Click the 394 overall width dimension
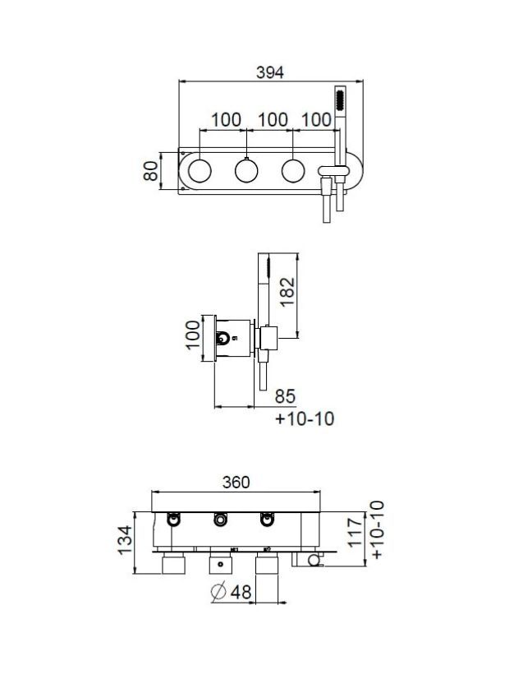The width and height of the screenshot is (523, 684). [270, 72]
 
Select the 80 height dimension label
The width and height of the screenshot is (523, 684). [151, 170]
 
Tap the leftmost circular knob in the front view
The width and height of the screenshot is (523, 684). [200, 170]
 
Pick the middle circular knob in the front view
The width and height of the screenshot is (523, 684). [246, 170]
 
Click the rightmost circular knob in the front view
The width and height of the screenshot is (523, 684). [293, 170]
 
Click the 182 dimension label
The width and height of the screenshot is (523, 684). [287, 292]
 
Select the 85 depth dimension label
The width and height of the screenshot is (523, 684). [286, 396]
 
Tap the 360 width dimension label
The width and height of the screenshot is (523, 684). [236, 482]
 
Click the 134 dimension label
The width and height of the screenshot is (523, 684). [125, 540]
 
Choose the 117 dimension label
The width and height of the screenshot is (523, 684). [356, 531]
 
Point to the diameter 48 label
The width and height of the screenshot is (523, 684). [231, 592]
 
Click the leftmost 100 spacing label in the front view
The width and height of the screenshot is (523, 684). [227, 119]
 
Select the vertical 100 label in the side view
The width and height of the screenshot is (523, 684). [193, 335]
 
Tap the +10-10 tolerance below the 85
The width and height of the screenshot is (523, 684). [305, 418]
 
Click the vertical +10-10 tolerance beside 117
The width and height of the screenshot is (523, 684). [378, 529]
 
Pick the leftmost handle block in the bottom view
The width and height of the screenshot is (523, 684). [174, 563]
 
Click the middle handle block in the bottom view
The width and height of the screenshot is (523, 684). [221, 563]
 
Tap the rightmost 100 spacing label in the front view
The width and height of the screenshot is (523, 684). [317, 119]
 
